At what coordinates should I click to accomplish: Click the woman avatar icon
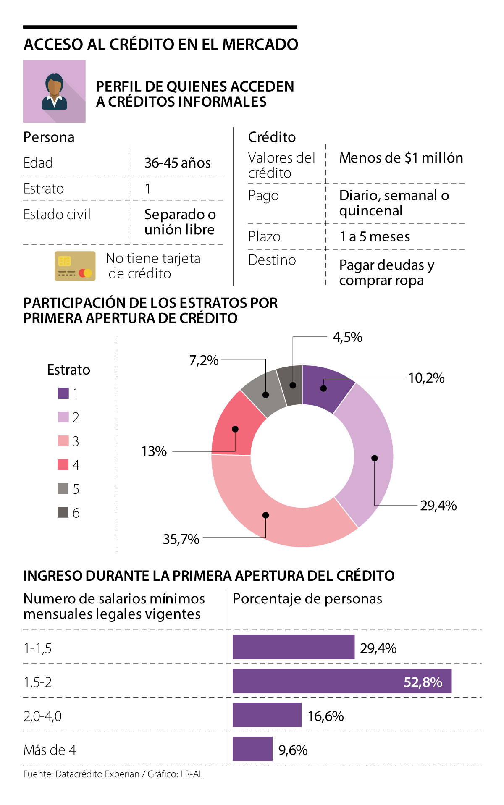(x=54, y=92)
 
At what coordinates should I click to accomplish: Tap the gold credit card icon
(x=75, y=266)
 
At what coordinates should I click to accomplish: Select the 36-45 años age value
(x=177, y=163)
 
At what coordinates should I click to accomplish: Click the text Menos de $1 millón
(x=401, y=158)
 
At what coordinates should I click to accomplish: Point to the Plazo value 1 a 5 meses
(x=374, y=237)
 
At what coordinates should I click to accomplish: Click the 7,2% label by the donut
(x=204, y=360)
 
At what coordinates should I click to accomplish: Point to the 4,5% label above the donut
(x=347, y=337)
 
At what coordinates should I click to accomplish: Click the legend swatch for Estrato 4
(x=63, y=465)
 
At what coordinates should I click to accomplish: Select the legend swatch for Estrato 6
(x=63, y=512)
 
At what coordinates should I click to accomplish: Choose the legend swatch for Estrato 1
(x=63, y=393)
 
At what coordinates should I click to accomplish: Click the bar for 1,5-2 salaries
(x=341, y=681)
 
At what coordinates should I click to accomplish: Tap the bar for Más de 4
(x=252, y=749)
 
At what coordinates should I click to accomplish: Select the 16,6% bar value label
(x=325, y=716)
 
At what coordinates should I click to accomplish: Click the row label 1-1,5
(x=38, y=648)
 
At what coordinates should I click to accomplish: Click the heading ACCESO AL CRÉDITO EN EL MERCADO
(x=161, y=45)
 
